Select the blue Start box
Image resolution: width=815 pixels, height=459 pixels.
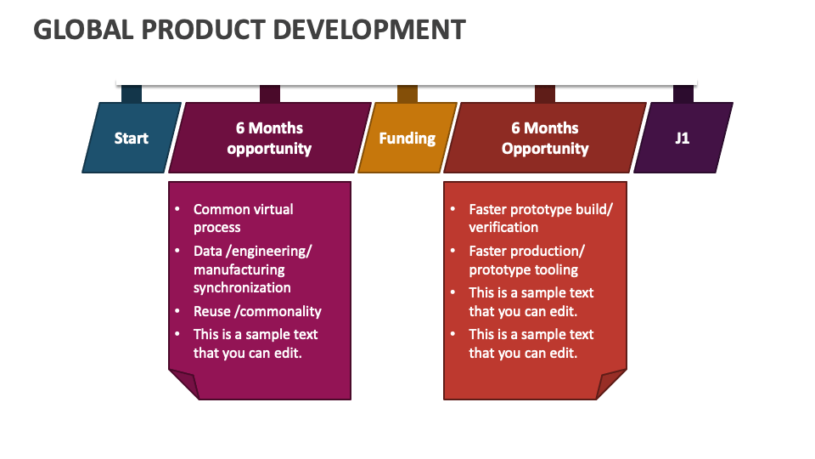coord(132,138)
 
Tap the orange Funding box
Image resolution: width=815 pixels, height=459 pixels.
coord(407,138)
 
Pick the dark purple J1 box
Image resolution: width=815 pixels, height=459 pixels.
coord(683,138)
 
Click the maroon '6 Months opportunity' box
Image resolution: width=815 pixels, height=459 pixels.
coord(269,138)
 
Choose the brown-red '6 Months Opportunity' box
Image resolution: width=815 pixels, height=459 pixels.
coord(545,138)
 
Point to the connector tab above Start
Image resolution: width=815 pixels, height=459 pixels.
coord(132,93)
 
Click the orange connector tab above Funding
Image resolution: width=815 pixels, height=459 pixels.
coord(407,93)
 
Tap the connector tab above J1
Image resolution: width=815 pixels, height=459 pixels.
coord(683,93)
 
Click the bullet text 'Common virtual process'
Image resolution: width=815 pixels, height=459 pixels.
coord(243,218)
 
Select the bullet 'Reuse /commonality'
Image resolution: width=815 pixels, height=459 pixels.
coord(257,311)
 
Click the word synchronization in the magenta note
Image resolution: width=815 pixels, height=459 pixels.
coord(242,287)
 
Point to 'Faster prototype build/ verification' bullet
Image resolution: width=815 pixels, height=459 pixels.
coord(540,218)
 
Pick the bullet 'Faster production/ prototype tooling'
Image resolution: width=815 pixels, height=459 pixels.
coord(527,260)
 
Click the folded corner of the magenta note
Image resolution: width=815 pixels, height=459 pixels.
coord(184,384)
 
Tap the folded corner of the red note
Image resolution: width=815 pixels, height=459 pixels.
coord(611,384)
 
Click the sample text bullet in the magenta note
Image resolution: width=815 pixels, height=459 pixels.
coord(255,343)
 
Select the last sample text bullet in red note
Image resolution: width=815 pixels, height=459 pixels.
coord(531,343)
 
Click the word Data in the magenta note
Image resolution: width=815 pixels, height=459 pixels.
coord(208,251)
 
